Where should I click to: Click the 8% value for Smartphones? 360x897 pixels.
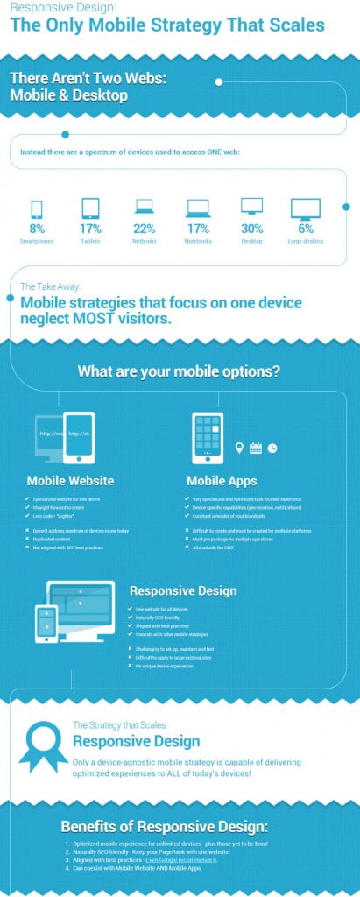pos(36,230)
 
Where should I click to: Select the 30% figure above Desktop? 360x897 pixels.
pos(251,230)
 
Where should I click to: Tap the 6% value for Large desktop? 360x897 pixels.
pos(306,230)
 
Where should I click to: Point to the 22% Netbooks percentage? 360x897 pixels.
pos(145,230)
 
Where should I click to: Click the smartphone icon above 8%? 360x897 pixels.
pos(36,208)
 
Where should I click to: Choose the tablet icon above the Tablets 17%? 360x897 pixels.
pos(90,208)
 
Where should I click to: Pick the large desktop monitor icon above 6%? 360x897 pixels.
pos(306,208)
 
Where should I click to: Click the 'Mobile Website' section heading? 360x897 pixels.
pos(70,481)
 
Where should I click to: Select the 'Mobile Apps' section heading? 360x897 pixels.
pos(222,481)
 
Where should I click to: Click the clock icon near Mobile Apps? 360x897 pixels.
pos(272,448)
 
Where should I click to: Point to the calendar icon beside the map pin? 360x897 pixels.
pos(256,448)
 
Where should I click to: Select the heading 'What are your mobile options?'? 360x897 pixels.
pos(179,371)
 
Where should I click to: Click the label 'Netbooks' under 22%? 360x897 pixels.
pos(145,240)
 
